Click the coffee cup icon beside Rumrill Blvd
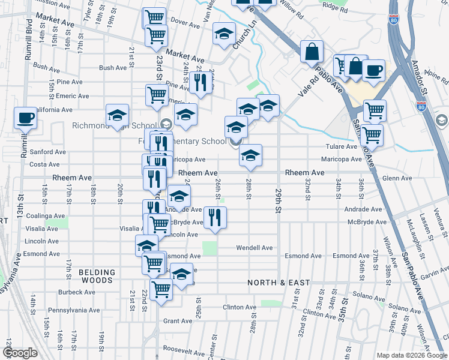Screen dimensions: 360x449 click(25, 118)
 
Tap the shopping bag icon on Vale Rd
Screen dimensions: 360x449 click(312, 52)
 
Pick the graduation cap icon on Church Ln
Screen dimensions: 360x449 click(224, 34)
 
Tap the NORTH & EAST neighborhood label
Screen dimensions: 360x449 click(279, 282)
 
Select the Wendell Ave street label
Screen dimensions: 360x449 click(254, 247)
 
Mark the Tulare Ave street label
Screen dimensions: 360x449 click(342, 146)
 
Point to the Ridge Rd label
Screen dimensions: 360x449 click(335, 10)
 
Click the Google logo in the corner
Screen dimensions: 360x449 click(20, 353)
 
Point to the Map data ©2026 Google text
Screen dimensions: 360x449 click(411, 355)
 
